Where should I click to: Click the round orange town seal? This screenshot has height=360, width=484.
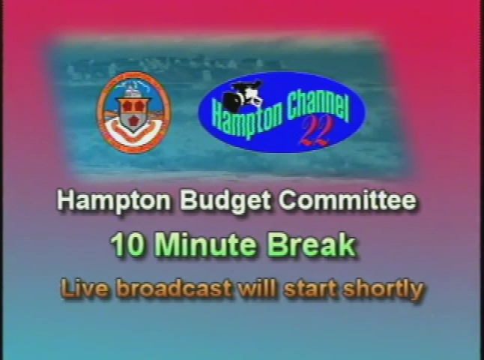[x=133, y=112]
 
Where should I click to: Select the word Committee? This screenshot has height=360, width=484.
[x=348, y=201]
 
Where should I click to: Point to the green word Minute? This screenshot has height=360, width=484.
[x=207, y=245]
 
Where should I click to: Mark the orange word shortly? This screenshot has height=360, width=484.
[x=384, y=289]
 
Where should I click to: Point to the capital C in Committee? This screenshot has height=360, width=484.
[x=288, y=201]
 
